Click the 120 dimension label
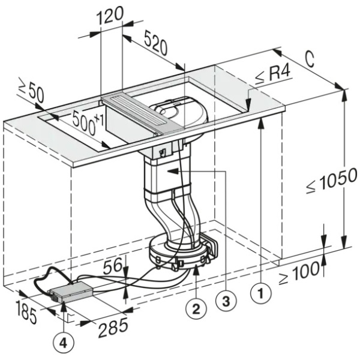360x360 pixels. pos(110,16)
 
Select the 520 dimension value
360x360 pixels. pos(155,44)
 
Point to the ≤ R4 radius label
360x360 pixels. pos(273,75)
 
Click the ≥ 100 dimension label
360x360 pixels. pos(299,273)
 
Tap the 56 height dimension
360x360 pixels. pos(113,266)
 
